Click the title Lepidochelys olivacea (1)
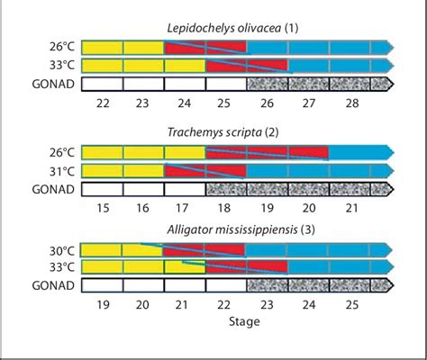point(238,28)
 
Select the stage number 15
point(102,209)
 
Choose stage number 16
point(143,209)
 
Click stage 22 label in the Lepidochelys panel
point(102,104)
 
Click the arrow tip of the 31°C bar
point(391,171)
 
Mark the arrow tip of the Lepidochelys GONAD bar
point(391,85)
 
